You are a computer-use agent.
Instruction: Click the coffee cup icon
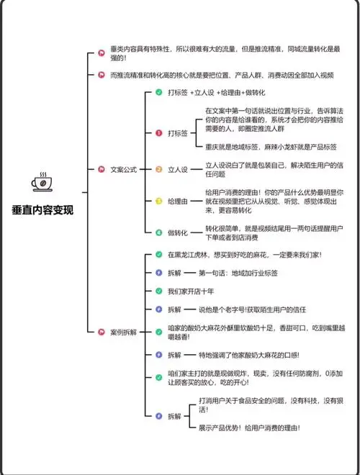tap(42, 182)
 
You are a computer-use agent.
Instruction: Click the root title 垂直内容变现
tap(42, 210)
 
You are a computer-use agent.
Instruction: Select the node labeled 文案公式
tap(124, 169)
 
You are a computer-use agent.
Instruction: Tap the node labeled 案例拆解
tap(124, 332)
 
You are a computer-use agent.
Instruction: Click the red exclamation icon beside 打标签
tap(159, 133)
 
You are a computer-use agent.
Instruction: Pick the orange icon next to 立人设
tap(159, 169)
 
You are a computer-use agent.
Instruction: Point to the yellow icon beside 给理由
tap(159, 201)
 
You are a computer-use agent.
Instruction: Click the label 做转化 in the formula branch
tap(178, 232)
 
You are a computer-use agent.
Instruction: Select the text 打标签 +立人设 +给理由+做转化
tap(217, 92)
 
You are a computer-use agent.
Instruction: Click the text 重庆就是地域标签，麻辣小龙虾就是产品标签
tap(271, 147)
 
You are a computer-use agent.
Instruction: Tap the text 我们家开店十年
tap(191, 291)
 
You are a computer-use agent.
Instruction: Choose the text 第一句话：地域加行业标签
tap(238, 273)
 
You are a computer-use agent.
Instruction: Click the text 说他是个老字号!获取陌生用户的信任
tap(252, 309)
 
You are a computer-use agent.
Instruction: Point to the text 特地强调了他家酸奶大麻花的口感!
tap(249, 355)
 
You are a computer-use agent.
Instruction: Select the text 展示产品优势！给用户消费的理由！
tap(249, 427)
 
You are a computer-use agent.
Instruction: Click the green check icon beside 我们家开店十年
tap(159, 291)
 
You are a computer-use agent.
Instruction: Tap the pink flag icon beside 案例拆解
tap(102, 332)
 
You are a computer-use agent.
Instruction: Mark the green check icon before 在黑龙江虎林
tap(159, 255)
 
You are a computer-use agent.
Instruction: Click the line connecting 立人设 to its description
tap(197, 169)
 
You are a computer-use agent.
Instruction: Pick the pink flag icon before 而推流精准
tap(102, 75)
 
